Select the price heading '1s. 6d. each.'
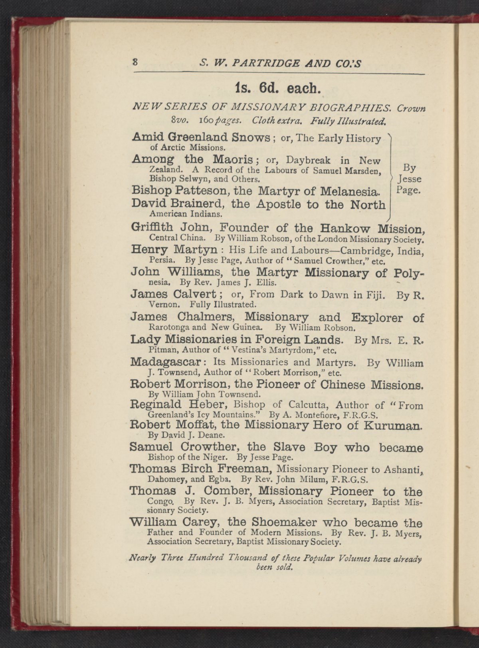click(278, 88)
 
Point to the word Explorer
click(377, 318)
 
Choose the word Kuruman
click(392, 425)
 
